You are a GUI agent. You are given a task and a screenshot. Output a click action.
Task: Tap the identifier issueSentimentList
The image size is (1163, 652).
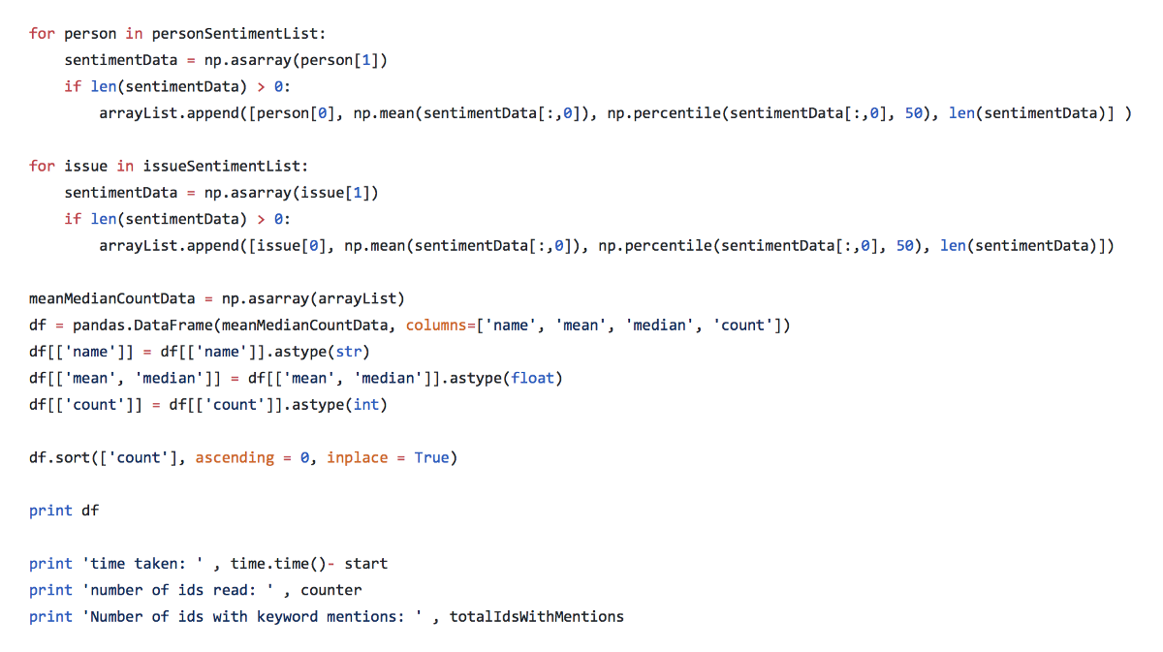click(x=221, y=167)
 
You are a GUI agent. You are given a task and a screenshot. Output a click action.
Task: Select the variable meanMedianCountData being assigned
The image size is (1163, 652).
click(x=111, y=299)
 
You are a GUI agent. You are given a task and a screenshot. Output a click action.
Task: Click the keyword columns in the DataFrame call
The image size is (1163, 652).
click(x=436, y=326)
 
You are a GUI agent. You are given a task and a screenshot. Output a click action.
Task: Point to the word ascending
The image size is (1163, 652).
click(x=235, y=458)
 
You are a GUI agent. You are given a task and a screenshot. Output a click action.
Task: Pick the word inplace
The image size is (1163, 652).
click(x=358, y=458)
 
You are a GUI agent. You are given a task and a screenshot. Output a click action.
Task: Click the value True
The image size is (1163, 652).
click(x=431, y=458)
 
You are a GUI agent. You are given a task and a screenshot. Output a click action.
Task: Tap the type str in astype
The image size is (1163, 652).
click(x=348, y=352)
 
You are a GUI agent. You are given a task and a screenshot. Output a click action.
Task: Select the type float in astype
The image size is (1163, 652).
click(x=532, y=379)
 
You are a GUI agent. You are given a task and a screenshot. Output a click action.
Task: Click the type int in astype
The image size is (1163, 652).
click(x=366, y=405)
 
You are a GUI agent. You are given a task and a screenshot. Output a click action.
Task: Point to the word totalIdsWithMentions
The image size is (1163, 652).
click(x=536, y=617)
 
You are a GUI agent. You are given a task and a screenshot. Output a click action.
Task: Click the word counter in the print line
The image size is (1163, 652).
click(x=330, y=591)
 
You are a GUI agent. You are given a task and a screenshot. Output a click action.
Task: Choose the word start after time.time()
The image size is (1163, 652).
click(x=366, y=564)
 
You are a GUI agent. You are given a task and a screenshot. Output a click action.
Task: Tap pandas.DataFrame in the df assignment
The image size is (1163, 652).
click(x=142, y=326)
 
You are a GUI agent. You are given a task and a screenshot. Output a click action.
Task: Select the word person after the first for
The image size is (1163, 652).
click(x=90, y=35)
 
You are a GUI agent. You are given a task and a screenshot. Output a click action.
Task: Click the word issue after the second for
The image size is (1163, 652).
click(x=85, y=167)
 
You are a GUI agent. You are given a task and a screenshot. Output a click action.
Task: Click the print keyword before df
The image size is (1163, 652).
click(x=50, y=512)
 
